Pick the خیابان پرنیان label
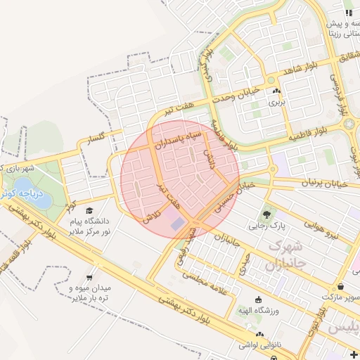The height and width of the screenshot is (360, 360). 324,183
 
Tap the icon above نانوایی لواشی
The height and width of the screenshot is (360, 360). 260,335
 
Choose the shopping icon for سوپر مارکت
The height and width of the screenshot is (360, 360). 341,286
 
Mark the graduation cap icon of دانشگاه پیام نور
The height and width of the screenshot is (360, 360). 89,210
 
